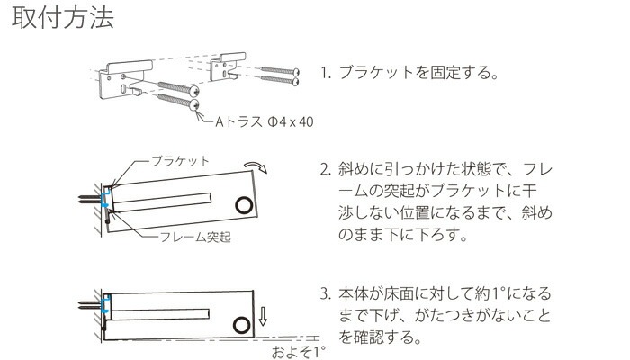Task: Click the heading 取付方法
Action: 63,18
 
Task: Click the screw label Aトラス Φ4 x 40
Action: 265,121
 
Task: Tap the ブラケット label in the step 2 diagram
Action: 180,161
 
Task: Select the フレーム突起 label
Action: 195,237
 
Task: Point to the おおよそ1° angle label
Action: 298,352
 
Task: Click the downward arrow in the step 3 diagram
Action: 263,316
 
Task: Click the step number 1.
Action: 325,73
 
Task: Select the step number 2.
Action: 325,169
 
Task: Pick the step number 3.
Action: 325,294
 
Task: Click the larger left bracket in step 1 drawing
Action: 124,79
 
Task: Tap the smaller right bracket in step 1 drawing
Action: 227,67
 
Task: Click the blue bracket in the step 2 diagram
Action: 105,199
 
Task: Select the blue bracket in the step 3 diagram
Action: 106,303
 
